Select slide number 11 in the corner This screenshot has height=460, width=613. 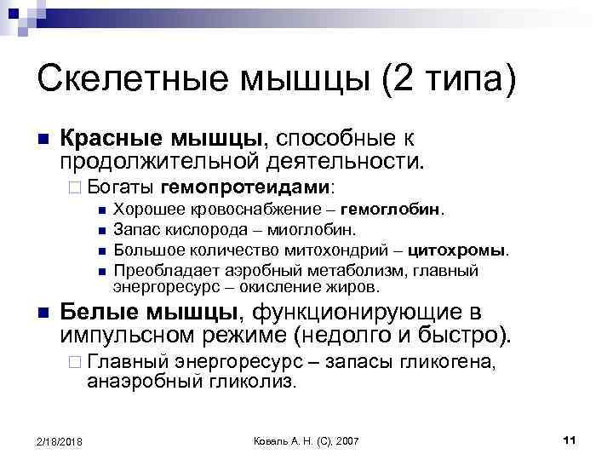[x=570, y=440]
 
